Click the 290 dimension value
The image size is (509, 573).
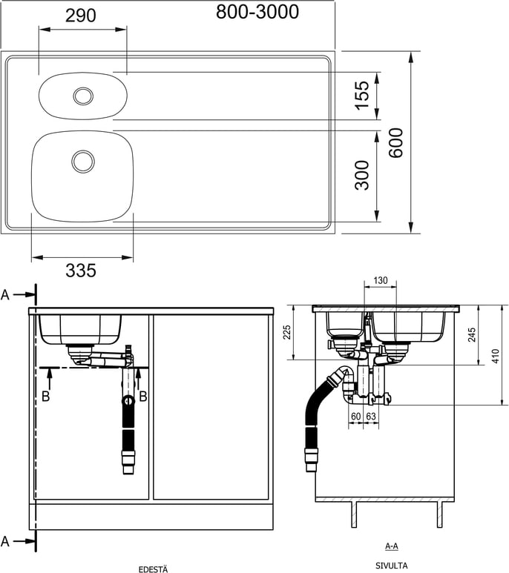tap(81, 16)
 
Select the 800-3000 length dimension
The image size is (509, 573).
tap(257, 12)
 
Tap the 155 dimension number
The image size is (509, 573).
tap(362, 96)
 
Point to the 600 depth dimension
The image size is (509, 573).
tap(395, 143)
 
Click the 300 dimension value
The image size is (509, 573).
tap(362, 175)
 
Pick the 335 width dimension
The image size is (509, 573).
tap(81, 271)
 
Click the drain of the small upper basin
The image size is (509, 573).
tap(83, 96)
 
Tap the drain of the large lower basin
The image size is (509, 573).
tap(83, 161)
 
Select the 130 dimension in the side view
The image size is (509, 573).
tap(381, 280)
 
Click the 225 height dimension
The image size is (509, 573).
tap(287, 332)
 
